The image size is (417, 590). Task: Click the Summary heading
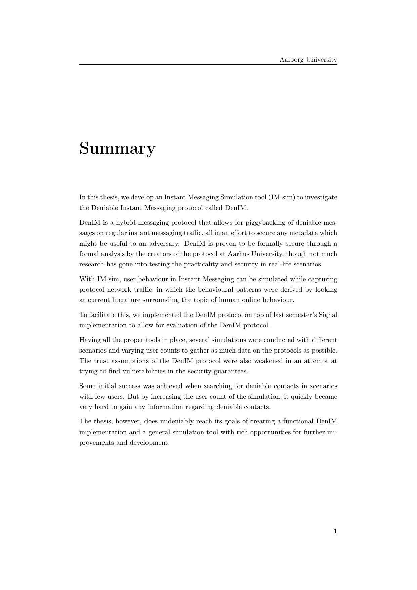tap(117, 149)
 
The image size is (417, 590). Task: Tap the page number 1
tap(335, 532)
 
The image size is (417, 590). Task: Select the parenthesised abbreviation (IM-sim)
tap(283, 197)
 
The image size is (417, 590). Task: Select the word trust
tap(101, 361)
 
